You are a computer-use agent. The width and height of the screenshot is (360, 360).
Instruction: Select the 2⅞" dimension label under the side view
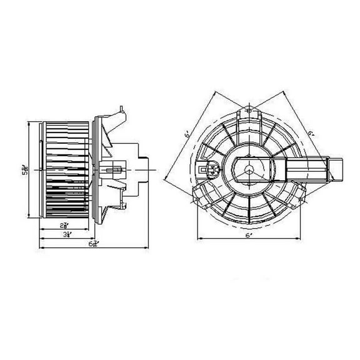tap(64, 224)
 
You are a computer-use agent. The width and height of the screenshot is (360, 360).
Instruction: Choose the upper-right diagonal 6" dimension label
tap(311, 132)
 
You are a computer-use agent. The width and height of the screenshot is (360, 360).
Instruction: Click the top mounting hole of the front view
tap(248, 111)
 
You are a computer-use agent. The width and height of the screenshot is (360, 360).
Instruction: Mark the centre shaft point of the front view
tap(248, 169)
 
